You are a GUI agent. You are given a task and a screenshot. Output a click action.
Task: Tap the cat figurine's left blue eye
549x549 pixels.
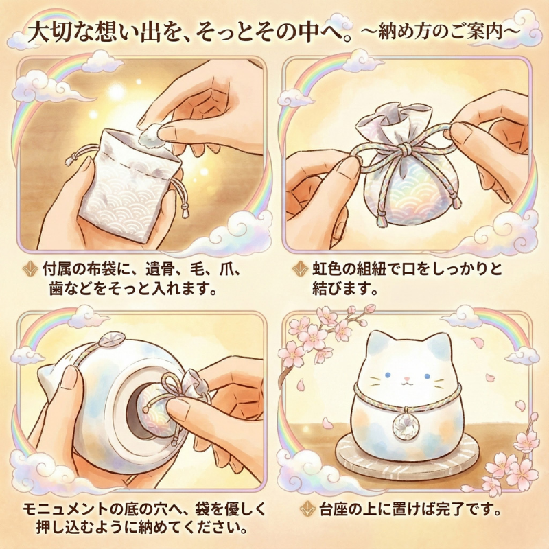(x=388, y=375)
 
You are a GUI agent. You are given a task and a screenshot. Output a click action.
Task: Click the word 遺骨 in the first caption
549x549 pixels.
(x=150, y=270)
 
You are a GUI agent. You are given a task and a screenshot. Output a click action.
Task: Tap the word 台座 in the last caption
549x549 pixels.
(x=332, y=510)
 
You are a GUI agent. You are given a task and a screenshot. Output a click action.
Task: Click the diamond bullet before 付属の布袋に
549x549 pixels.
(x=30, y=270)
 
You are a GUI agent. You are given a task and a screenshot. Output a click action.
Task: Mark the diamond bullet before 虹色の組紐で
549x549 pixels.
(x=300, y=269)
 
